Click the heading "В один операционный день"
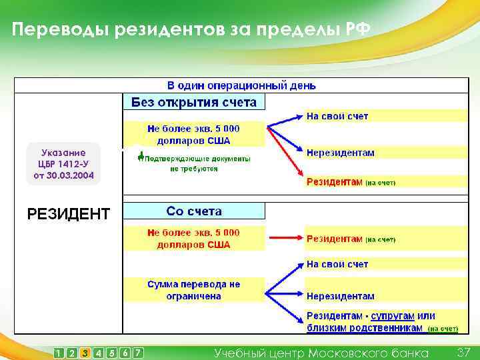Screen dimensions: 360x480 coord(241,85)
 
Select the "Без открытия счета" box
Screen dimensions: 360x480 coord(194,102)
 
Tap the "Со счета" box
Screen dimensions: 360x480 coord(194,211)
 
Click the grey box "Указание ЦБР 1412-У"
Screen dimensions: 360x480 coord(63,164)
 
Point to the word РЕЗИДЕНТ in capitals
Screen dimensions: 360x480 coord(68,214)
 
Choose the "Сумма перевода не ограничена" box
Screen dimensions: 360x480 coord(193,290)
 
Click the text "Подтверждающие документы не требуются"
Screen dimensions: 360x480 coord(193,164)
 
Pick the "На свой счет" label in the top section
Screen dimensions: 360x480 coord(337,117)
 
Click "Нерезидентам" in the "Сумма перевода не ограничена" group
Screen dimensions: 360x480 coord(340,296)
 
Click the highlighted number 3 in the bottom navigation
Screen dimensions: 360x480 coord(85,353)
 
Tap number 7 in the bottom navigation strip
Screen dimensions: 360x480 coord(137,353)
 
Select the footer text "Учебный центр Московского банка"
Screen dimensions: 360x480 coord(321,352)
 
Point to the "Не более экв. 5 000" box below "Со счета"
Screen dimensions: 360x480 coord(193,238)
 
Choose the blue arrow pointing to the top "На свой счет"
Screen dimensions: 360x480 coord(283,120)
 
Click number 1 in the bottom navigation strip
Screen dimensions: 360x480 coord(59,353)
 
